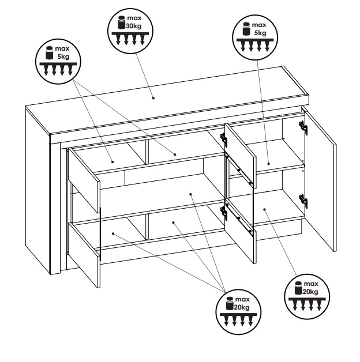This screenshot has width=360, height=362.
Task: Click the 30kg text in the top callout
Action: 133,26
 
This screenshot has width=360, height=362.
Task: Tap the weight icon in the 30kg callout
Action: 122,22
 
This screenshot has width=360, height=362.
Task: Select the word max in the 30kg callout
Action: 134,18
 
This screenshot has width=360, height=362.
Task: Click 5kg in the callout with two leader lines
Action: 63,56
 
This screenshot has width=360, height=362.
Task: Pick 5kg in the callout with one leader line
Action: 260,33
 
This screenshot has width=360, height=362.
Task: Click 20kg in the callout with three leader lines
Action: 242,307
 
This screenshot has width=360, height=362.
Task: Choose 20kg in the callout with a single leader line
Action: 310,292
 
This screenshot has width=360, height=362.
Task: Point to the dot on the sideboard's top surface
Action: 153,98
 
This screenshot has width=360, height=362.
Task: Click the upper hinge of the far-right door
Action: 303,127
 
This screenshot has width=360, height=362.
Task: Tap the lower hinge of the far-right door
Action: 303,200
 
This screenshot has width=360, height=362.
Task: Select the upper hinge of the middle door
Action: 224,139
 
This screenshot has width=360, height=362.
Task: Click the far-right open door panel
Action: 320,179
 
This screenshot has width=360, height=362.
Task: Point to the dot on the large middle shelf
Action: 190,194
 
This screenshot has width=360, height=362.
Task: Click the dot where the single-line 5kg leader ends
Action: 268,164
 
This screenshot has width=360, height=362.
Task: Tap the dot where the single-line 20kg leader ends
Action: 264,210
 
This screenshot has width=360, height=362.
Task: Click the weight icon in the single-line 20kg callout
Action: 298,288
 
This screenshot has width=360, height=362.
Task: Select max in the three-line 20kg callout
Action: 242,299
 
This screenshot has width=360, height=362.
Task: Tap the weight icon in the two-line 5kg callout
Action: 49,52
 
